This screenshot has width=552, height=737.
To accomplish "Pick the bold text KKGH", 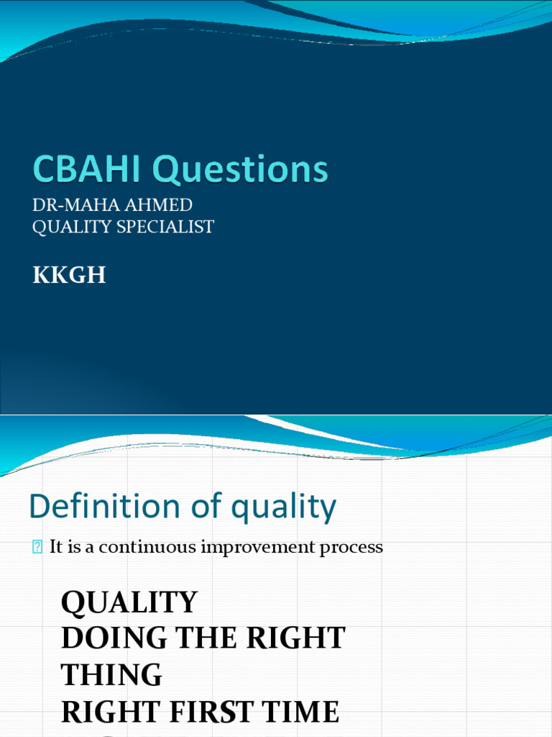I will pyautogui.click(x=69, y=275).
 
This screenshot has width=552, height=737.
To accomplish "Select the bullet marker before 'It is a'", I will pyautogui.click(x=37, y=548).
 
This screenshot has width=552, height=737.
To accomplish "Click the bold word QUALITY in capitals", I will pyautogui.click(x=129, y=602).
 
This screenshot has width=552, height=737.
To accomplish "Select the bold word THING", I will pyautogui.click(x=111, y=675).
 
